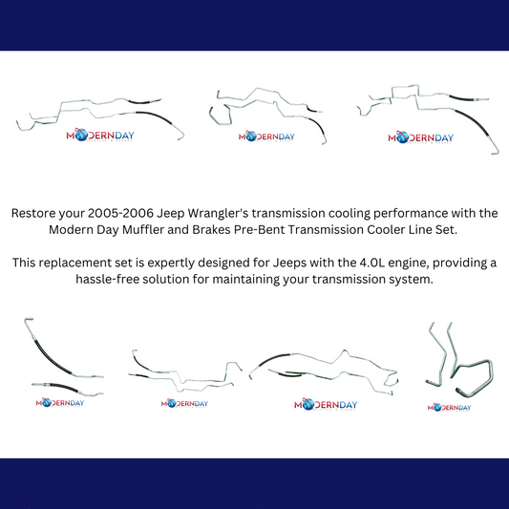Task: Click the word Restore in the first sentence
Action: tap(33, 213)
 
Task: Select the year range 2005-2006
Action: tap(120, 213)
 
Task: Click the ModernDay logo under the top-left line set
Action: tap(100, 135)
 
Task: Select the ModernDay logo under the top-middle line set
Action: tap(266, 137)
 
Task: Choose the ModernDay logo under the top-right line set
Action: tap(421, 138)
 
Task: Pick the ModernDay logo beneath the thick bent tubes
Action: tap(449, 408)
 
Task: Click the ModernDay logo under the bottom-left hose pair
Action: tap(60, 403)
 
